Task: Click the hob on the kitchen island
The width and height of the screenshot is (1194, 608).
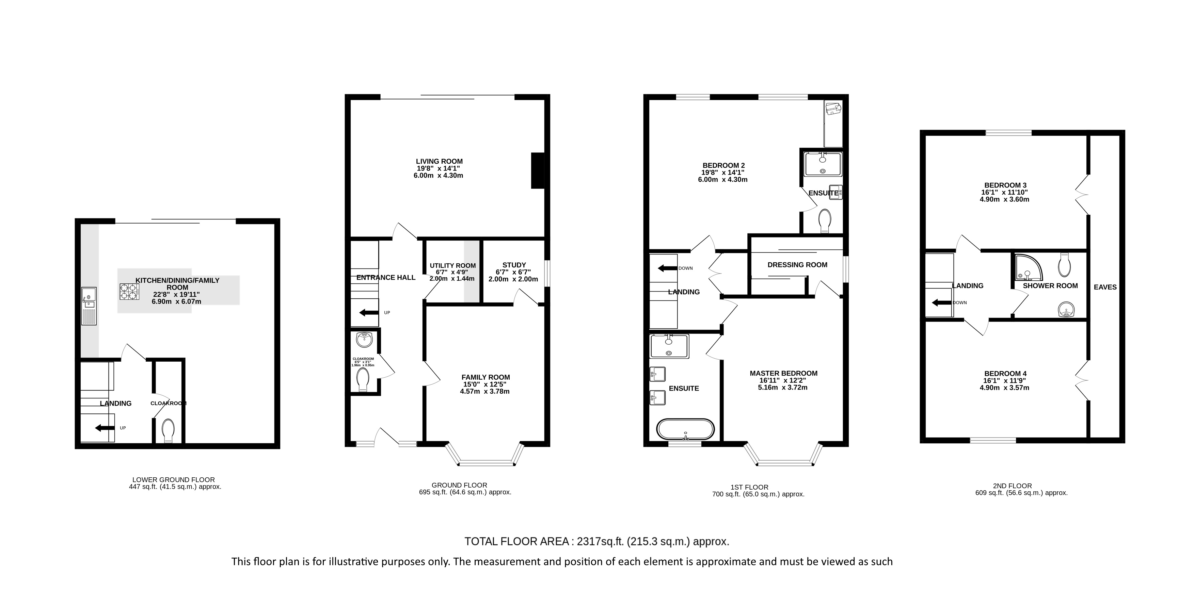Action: pyautogui.click(x=130, y=292)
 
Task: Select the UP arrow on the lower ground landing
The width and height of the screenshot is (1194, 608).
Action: pyautogui.click(x=105, y=428)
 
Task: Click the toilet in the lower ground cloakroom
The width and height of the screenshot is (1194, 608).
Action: pyautogui.click(x=169, y=431)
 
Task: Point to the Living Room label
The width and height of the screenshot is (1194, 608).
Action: pyautogui.click(x=439, y=161)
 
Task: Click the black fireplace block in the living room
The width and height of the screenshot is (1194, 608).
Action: pyautogui.click(x=538, y=170)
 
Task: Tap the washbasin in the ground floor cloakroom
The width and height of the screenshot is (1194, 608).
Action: pyautogui.click(x=364, y=340)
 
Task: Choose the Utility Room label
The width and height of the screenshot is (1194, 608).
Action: pyautogui.click(x=452, y=265)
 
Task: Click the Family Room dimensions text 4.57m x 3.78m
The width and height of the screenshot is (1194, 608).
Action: pyautogui.click(x=485, y=391)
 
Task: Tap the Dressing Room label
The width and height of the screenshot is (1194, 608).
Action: pyautogui.click(x=797, y=265)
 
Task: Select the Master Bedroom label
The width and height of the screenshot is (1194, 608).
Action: pyautogui.click(x=783, y=373)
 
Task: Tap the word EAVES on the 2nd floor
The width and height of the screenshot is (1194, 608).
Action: pyautogui.click(x=1105, y=287)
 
